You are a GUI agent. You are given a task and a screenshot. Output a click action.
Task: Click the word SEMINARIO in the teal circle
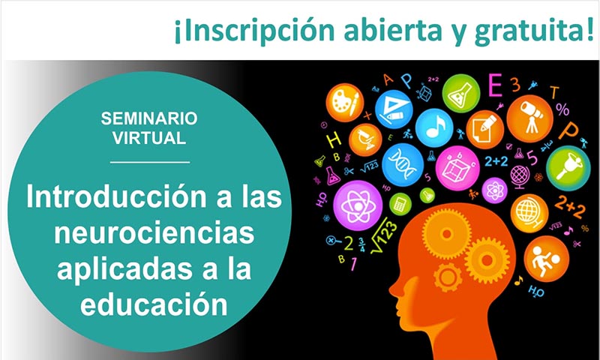149,118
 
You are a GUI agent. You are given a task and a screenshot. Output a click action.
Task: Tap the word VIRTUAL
149,138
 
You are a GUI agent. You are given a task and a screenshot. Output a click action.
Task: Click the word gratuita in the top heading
529,31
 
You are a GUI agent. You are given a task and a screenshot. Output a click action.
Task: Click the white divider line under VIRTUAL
150,162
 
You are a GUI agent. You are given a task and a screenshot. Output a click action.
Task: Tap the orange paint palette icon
345,103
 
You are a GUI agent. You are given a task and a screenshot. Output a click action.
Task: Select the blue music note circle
434,127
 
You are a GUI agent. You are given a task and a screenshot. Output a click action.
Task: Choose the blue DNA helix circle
403,165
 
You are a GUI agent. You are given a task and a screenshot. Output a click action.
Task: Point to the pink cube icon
457,168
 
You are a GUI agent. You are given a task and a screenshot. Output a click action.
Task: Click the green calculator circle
400,204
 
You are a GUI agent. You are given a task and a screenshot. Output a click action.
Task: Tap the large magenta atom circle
358,205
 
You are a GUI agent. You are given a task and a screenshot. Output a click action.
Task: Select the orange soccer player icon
547,259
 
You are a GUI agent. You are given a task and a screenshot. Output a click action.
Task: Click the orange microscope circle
365,139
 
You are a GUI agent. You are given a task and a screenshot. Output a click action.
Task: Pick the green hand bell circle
568,168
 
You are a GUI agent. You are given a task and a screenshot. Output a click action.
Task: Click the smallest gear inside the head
448,277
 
